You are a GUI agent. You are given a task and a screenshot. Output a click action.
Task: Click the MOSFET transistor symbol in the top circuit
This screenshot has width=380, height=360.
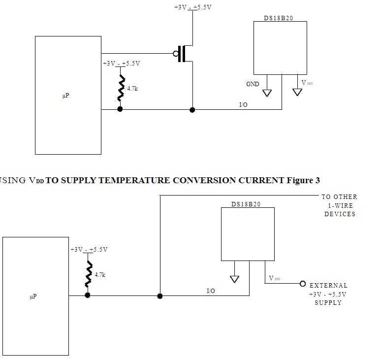(186, 53)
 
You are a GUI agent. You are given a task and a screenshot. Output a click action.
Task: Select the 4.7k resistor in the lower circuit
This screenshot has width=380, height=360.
(89, 274)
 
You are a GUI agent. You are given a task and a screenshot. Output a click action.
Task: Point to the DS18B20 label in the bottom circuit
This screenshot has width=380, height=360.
(246, 204)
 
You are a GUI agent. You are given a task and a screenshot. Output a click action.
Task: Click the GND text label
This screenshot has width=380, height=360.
(253, 84)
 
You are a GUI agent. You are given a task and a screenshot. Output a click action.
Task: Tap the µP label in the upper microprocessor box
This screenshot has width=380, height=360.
(65, 96)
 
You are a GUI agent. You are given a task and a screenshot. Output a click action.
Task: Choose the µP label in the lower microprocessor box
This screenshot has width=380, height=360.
(33, 296)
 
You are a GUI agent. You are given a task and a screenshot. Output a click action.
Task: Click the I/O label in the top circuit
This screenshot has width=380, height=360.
(243, 105)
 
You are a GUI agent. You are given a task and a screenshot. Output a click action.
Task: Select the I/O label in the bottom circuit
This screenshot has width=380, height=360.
(211, 291)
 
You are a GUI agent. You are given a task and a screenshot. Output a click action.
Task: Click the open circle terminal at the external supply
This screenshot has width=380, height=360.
(303, 284)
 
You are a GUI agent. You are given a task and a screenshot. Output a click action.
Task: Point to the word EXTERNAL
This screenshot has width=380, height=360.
(328, 286)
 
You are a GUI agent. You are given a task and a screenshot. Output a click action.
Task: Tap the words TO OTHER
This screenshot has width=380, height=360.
(339, 196)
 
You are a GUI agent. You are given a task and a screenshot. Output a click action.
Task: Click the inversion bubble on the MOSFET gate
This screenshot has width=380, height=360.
(176, 53)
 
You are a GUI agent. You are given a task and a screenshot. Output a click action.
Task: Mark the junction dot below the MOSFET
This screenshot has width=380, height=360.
(192, 110)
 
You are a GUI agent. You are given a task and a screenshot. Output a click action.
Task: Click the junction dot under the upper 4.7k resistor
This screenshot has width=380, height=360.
(120, 109)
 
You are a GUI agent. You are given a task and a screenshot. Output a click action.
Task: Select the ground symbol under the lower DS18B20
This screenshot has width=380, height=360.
(235, 279)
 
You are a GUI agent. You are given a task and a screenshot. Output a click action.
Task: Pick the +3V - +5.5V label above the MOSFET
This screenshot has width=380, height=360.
(192, 7)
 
